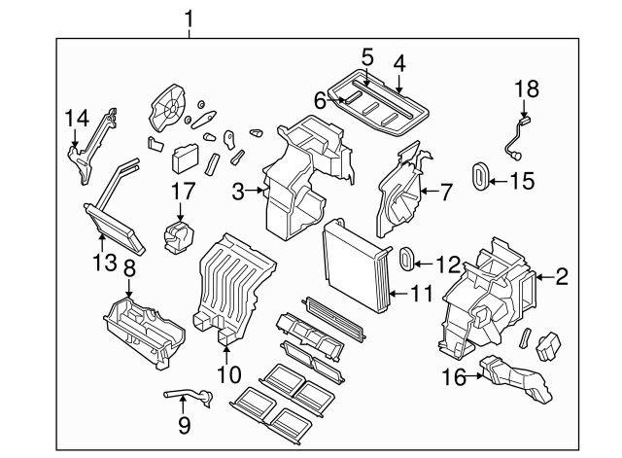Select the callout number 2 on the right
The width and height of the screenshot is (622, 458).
[x=563, y=278]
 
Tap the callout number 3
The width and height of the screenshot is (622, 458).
[x=238, y=194]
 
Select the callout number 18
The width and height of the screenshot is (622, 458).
[x=525, y=89]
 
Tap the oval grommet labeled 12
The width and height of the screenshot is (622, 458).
[x=408, y=259]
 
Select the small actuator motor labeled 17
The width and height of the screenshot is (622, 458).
[x=180, y=234]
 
